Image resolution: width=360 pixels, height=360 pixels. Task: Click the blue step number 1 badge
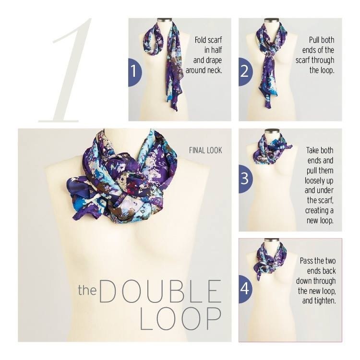(135, 72)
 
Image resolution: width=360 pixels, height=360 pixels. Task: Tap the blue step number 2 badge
(245, 72)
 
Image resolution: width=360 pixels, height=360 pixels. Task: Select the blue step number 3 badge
(246, 179)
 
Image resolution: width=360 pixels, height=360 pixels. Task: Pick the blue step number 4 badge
(246, 289)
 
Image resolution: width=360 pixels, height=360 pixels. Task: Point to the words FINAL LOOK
(205, 150)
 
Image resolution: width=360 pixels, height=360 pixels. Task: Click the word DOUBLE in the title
(160, 291)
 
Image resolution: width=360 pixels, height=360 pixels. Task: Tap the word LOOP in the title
(180, 319)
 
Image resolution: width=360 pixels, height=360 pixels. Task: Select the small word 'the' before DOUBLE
(87, 290)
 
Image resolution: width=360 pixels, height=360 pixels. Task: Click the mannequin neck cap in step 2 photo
(272, 21)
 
